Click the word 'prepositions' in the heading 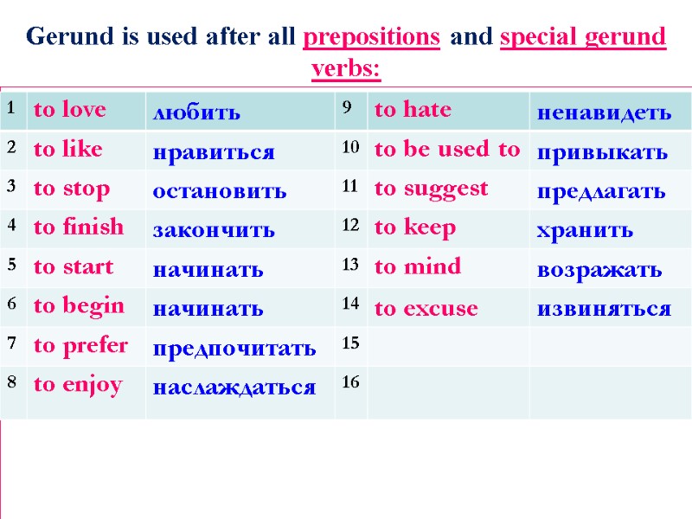point(372,38)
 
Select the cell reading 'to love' point(69,110)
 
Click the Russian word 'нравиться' point(214,153)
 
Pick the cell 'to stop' point(71,189)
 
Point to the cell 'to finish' point(79,227)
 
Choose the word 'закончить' point(214,230)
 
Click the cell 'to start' point(73,266)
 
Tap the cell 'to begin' point(79,305)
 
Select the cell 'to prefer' point(80,345)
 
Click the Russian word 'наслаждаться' point(234,387)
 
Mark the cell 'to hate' point(413,110)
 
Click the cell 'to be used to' point(446,149)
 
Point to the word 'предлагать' point(601,191)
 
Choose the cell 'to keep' point(414,227)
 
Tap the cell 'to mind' point(417,266)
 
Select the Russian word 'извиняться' point(604,308)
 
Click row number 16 point(349,382)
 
